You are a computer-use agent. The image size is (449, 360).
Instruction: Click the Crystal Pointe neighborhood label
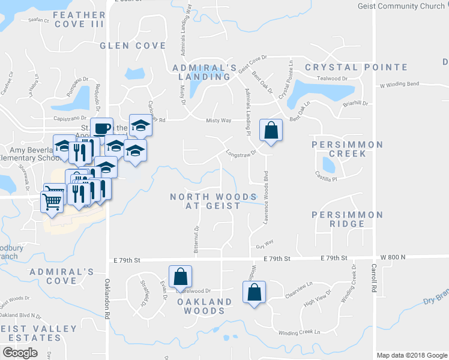(x=348, y=67)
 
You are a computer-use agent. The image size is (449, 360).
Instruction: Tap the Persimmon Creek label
(x=347, y=149)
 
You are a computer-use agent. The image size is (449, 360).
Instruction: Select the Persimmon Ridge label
(x=347, y=219)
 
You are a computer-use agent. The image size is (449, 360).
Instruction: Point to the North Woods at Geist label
(x=222, y=201)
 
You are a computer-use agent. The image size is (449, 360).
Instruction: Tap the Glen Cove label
(x=133, y=46)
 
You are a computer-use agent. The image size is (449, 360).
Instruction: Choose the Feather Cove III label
(x=79, y=19)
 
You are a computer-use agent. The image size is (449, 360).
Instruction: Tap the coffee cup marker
(x=102, y=127)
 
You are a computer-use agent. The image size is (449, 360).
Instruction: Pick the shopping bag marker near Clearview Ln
(x=254, y=292)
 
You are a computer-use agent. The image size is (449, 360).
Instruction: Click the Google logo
(x=20, y=353)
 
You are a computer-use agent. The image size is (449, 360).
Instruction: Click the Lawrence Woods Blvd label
(x=264, y=198)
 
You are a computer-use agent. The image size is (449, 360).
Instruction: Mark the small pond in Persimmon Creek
(x=328, y=164)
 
